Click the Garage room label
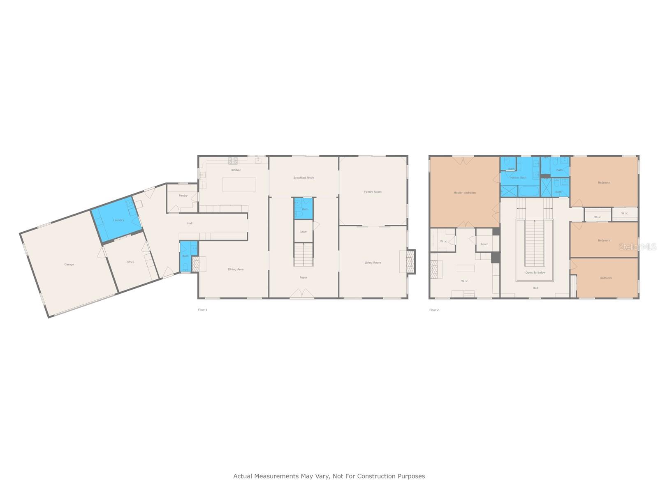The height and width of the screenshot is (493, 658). click(x=69, y=265)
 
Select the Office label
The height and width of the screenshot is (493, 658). click(x=130, y=262)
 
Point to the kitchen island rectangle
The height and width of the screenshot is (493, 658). click(x=239, y=184)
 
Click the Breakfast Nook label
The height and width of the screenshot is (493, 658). click(x=304, y=178)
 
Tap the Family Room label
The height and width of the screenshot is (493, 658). click(x=373, y=192)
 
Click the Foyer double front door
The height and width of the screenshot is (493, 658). click(x=302, y=294)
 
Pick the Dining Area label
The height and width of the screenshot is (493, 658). click(x=236, y=270)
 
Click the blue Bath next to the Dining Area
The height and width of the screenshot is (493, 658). click(x=185, y=257)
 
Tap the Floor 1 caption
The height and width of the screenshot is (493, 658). click(x=203, y=310)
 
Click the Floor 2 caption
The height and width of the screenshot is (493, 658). click(x=434, y=310)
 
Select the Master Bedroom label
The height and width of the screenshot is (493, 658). click(x=464, y=193)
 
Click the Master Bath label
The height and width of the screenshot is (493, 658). click(x=518, y=178)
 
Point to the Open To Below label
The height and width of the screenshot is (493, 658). click(x=535, y=273)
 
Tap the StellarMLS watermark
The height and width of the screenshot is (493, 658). click(x=637, y=247)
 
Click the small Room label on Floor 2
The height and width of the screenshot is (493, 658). click(x=484, y=244)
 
